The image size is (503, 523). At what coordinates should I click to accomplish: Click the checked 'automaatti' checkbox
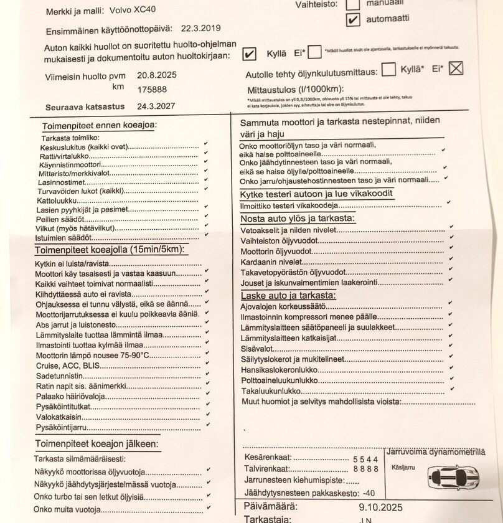[353, 19]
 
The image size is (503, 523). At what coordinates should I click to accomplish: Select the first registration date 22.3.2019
[200, 29]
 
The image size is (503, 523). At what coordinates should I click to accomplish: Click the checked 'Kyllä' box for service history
[248, 54]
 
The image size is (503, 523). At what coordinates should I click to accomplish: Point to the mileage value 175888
[152, 89]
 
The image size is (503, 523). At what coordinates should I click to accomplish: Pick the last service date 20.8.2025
[157, 75]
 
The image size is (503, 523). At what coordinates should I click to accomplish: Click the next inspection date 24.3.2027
[157, 106]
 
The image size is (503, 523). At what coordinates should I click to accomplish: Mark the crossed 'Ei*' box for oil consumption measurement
[456, 68]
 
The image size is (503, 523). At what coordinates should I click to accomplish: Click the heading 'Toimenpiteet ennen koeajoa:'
[100, 125]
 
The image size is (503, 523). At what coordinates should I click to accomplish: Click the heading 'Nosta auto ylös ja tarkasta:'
[298, 219]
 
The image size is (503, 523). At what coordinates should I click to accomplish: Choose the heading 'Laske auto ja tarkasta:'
[288, 295]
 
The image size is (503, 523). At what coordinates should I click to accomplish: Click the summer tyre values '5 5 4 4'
[365, 458]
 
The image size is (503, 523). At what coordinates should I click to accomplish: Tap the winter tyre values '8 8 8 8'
[365, 469]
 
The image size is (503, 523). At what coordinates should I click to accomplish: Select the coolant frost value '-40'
[369, 492]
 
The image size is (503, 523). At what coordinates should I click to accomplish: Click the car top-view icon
[453, 478]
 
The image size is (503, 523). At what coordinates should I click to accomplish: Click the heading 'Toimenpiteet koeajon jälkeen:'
[96, 444]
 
